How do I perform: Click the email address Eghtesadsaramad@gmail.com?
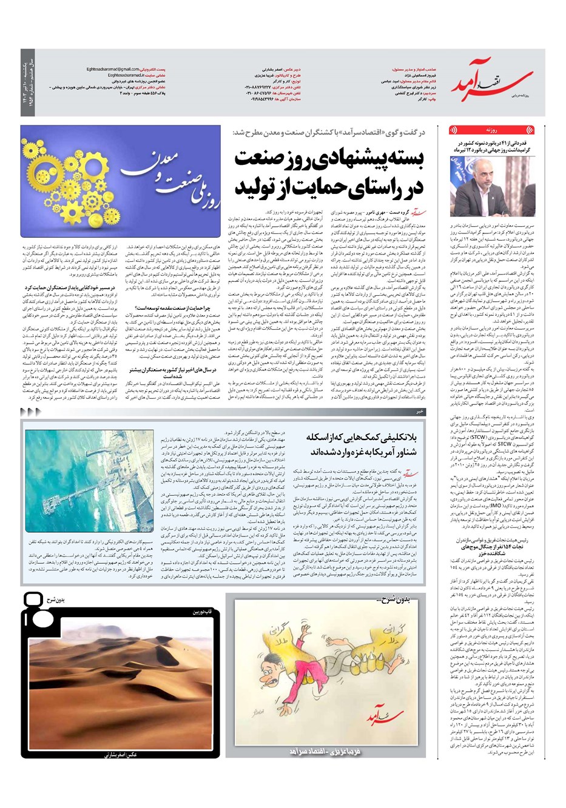pyautogui.click(x=112, y=69)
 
